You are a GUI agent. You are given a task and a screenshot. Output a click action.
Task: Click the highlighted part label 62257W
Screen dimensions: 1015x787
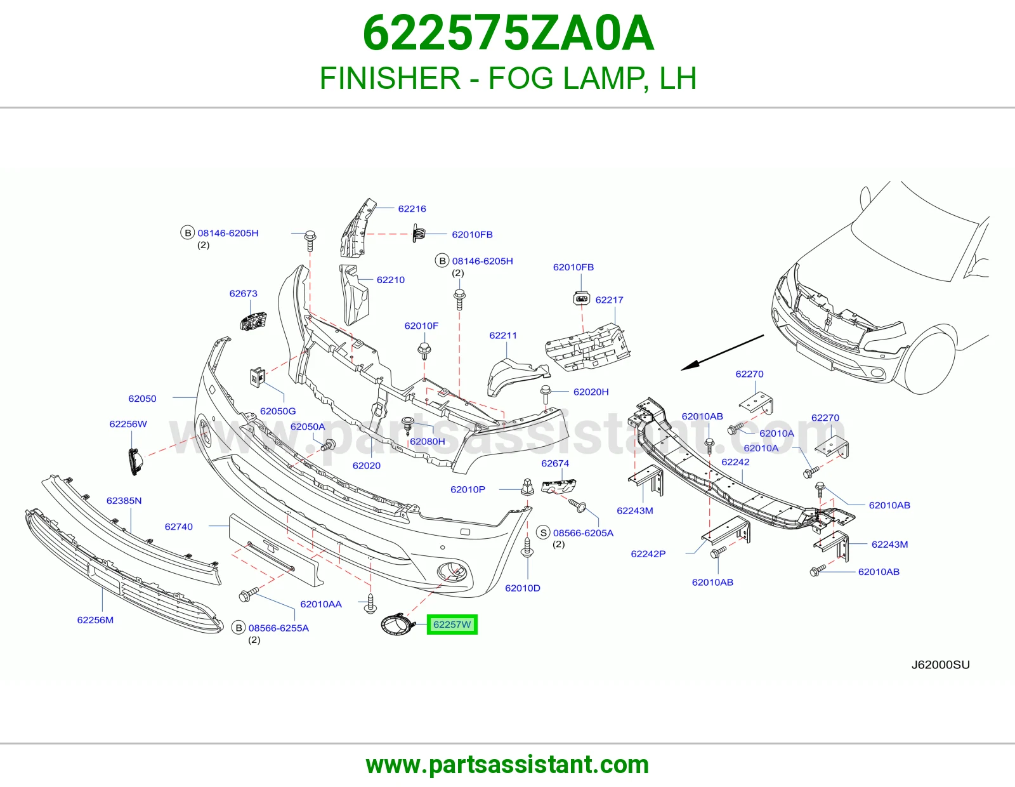(452, 625)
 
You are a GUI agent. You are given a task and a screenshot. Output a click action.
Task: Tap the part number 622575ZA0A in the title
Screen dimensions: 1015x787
(508, 34)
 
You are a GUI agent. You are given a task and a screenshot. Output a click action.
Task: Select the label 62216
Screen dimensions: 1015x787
(412, 209)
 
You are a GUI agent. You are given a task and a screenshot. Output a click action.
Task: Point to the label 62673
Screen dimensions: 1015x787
(244, 293)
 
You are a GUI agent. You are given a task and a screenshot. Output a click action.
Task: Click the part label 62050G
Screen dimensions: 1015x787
(278, 411)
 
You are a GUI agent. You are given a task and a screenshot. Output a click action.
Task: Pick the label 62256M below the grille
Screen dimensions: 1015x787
(95, 620)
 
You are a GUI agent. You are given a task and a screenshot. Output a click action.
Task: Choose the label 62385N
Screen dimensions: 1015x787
(124, 501)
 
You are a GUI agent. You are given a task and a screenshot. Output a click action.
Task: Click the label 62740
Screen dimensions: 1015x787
(179, 527)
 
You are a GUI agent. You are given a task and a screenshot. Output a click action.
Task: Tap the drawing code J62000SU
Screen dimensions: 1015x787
(941, 665)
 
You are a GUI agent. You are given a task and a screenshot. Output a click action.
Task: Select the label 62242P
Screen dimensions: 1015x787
(648, 554)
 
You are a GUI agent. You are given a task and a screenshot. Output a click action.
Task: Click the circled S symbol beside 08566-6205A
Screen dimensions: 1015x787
(543, 532)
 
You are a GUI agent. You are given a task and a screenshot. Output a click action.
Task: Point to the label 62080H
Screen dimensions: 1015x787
(428, 441)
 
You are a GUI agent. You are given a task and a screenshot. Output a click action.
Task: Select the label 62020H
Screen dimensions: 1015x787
(591, 392)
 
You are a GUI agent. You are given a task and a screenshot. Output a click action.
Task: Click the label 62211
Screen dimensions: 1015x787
(503, 336)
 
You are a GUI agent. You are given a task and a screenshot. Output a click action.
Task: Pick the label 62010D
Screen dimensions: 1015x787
(523, 588)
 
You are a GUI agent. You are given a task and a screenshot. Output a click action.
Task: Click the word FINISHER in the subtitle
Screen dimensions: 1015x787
(390, 78)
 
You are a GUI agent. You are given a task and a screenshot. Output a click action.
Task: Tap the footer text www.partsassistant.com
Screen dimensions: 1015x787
(507, 765)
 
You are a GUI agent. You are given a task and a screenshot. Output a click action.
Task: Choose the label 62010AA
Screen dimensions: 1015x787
(321, 604)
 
